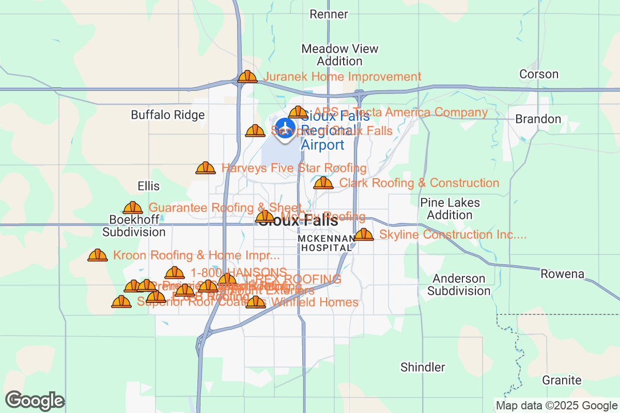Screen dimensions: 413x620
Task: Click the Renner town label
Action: [329, 14]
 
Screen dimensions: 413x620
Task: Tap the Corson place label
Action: [539, 74]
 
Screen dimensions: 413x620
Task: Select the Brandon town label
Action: [538, 119]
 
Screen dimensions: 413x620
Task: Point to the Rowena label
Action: [562, 274]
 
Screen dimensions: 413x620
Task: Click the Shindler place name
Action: [423, 368]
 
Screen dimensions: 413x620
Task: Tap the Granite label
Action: [562, 380]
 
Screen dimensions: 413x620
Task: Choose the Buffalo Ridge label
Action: [167, 115]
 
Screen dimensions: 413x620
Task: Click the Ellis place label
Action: [148, 186]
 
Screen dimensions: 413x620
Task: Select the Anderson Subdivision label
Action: [459, 285]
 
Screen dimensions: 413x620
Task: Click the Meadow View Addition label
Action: [340, 55]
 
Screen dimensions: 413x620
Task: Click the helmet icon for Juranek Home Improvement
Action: [247, 77]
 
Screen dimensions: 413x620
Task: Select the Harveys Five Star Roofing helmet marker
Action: [206, 168]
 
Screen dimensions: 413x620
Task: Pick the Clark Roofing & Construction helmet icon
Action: [323, 183]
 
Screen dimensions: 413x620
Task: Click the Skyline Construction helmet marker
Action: [364, 235]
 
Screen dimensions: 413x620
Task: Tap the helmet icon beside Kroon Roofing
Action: [98, 256]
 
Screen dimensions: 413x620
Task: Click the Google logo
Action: [35, 401]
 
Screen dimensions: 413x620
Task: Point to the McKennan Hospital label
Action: [326, 243]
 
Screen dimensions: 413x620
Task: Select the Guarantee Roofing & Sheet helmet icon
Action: [133, 208]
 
